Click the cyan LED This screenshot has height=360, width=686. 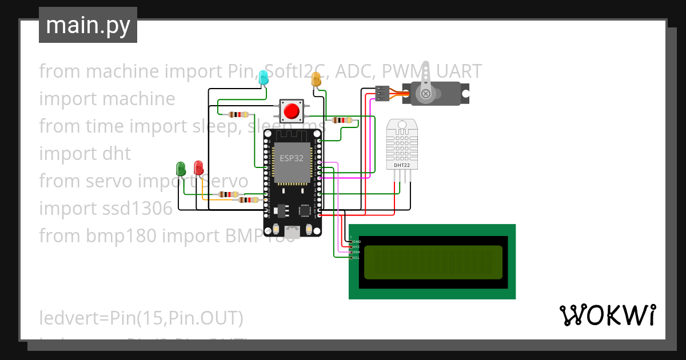pos(263,78)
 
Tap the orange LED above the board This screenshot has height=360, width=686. pos(316,79)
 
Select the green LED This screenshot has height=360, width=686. pos(181,169)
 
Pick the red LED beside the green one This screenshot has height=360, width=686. pos(198,168)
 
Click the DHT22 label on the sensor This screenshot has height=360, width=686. pos(401,166)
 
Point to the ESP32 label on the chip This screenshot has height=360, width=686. pos(291,158)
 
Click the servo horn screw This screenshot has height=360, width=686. pos(425,93)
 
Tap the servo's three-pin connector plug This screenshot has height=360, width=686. pos(382,93)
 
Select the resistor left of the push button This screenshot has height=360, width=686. pos(238,114)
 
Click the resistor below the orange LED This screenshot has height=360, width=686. pos(342,120)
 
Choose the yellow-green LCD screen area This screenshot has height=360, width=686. pos(433,262)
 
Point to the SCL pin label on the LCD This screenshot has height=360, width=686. pos(356,258)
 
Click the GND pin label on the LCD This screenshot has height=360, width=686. pos(357,242)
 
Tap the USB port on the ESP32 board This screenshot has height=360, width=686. pos(292,231)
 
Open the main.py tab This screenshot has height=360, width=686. pos(88,25)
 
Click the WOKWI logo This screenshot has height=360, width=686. pos(607,315)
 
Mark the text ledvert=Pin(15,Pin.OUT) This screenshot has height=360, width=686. pos(141,318)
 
